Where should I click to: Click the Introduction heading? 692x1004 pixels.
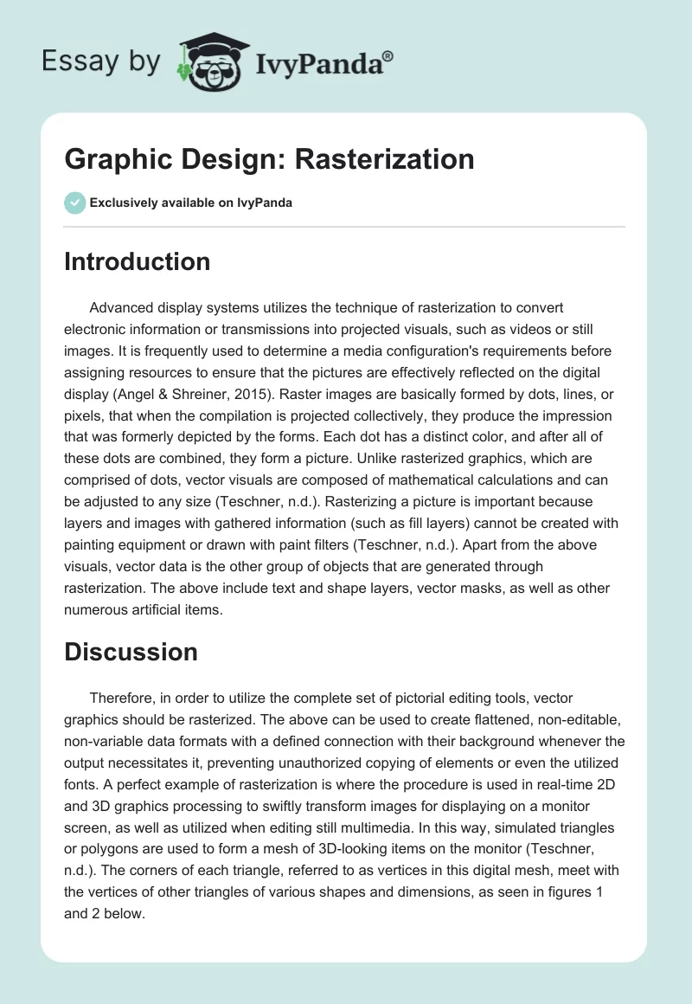click(x=137, y=261)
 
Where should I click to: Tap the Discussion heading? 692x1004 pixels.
click(x=131, y=651)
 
